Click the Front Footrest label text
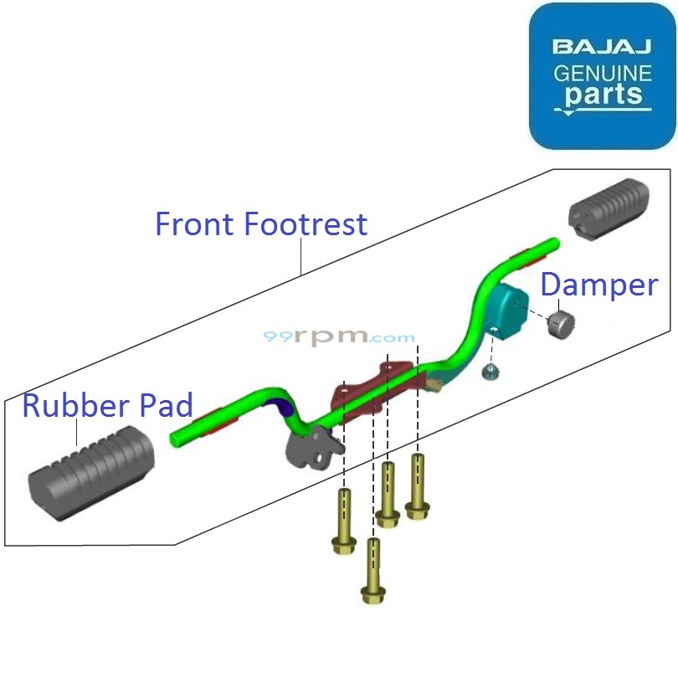(x=261, y=224)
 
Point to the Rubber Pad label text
(x=107, y=405)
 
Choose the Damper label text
(x=598, y=285)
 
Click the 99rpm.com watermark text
(x=339, y=337)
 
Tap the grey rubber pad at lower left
(x=88, y=473)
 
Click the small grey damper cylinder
(x=562, y=324)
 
